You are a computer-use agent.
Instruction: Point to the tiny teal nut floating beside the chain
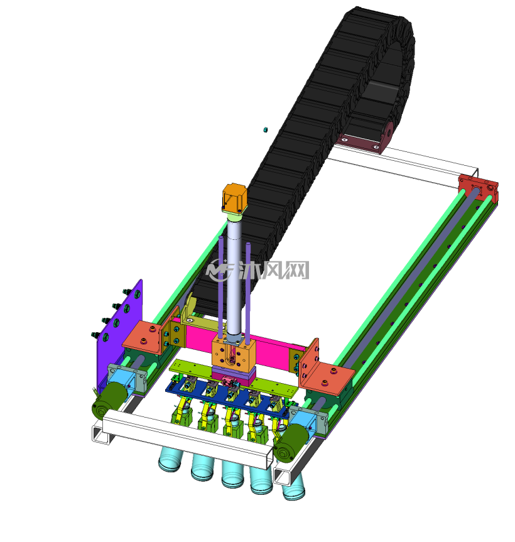pyautogui.click(x=266, y=129)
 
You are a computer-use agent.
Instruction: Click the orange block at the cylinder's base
pyautogui.click(x=234, y=354)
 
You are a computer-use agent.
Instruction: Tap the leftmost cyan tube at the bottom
pyautogui.click(x=170, y=460)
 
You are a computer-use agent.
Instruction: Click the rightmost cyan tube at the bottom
pyautogui.click(x=293, y=487)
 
